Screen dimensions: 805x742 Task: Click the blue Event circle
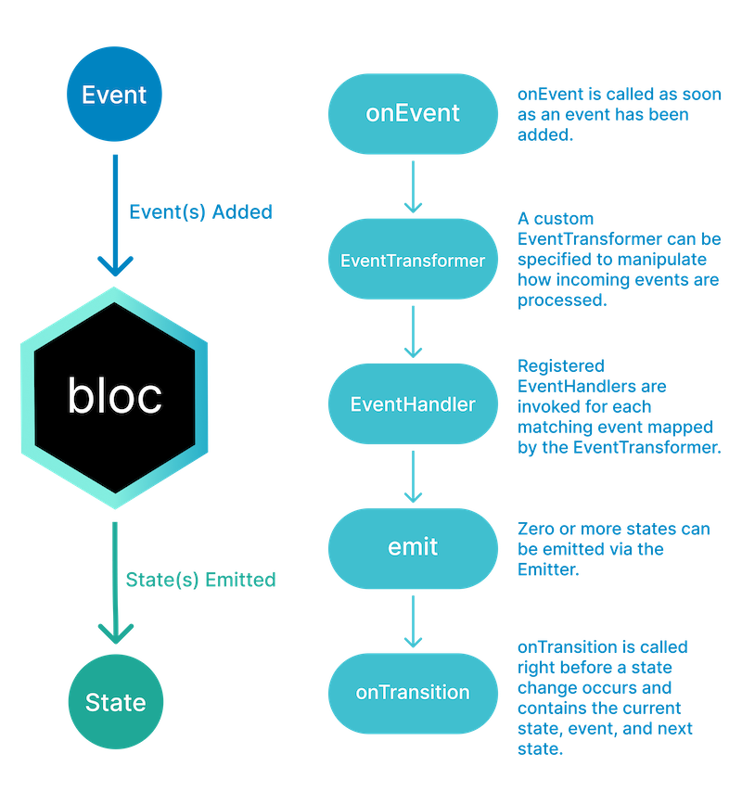point(114,94)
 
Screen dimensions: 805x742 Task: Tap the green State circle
point(116,701)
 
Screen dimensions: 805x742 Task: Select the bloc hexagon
point(115,397)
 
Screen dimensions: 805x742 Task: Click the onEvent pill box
point(413,114)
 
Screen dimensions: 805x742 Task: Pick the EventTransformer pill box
point(413,261)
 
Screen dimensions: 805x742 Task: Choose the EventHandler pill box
point(413,404)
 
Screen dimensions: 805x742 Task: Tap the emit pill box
point(413,547)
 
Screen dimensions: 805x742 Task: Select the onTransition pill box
point(413,692)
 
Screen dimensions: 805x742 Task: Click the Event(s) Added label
point(200,211)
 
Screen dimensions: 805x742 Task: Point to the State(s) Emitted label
point(200,580)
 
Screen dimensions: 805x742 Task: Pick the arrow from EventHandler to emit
point(413,476)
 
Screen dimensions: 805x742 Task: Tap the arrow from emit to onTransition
point(413,621)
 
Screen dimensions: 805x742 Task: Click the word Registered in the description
point(560,365)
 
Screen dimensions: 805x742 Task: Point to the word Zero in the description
point(535,530)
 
